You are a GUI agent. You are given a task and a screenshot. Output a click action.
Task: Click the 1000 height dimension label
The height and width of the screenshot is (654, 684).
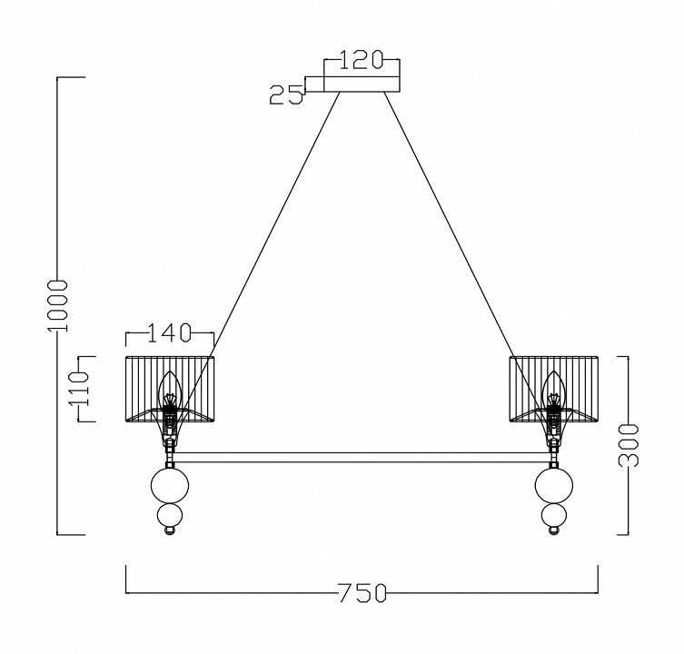pyautogui.click(x=57, y=306)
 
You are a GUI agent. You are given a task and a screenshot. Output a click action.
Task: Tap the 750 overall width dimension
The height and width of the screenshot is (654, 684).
pyautogui.click(x=362, y=593)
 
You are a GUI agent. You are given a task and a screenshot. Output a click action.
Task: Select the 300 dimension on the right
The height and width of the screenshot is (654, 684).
pyautogui.click(x=629, y=445)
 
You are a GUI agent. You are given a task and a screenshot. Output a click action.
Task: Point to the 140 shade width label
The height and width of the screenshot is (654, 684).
pyautogui.click(x=170, y=332)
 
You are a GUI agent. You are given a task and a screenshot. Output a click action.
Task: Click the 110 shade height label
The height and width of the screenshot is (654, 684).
pyautogui.click(x=79, y=389)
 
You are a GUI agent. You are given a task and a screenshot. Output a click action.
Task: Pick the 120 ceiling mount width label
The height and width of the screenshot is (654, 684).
pyautogui.click(x=361, y=60)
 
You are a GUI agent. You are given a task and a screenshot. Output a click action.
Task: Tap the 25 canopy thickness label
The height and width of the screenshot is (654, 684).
pyautogui.click(x=286, y=94)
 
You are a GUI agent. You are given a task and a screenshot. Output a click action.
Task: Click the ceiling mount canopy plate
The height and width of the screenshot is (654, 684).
pyautogui.click(x=362, y=84)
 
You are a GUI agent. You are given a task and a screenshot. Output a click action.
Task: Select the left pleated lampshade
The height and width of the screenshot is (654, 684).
pyautogui.click(x=170, y=389)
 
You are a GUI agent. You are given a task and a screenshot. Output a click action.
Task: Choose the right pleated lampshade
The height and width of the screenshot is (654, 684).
pyautogui.click(x=553, y=389)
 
